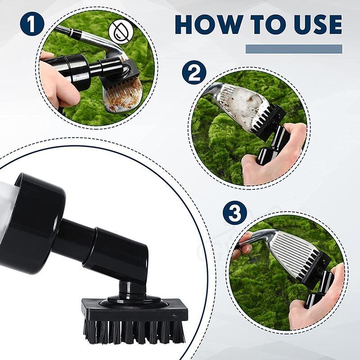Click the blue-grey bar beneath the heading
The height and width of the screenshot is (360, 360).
coord(294,49)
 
